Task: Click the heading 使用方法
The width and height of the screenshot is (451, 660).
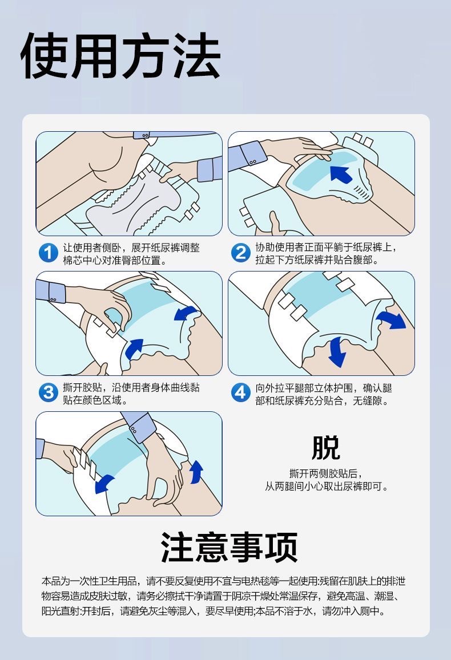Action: (120, 55)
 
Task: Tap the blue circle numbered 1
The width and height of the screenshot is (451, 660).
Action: (48, 253)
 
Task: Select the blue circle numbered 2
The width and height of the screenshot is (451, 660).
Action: (240, 253)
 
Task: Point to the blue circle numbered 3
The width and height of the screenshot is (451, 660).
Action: (48, 392)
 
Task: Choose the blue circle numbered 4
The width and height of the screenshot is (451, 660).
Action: (240, 392)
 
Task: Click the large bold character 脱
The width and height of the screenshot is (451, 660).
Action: (325, 448)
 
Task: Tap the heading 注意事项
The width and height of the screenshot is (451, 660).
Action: (229, 547)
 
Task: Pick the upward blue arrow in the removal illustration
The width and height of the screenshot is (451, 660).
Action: (196, 471)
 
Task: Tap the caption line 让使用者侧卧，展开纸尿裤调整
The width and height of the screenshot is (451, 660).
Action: (131, 248)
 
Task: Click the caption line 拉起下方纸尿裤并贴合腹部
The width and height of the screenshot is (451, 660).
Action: (317, 260)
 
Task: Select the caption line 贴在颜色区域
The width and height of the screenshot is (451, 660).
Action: (95, 400)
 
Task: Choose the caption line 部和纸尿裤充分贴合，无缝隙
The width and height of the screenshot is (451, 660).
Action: (322, 400)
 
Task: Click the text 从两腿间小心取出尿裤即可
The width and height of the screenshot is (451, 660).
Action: (326, 487)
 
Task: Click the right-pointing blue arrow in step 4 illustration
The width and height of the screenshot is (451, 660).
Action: (392, 320)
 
